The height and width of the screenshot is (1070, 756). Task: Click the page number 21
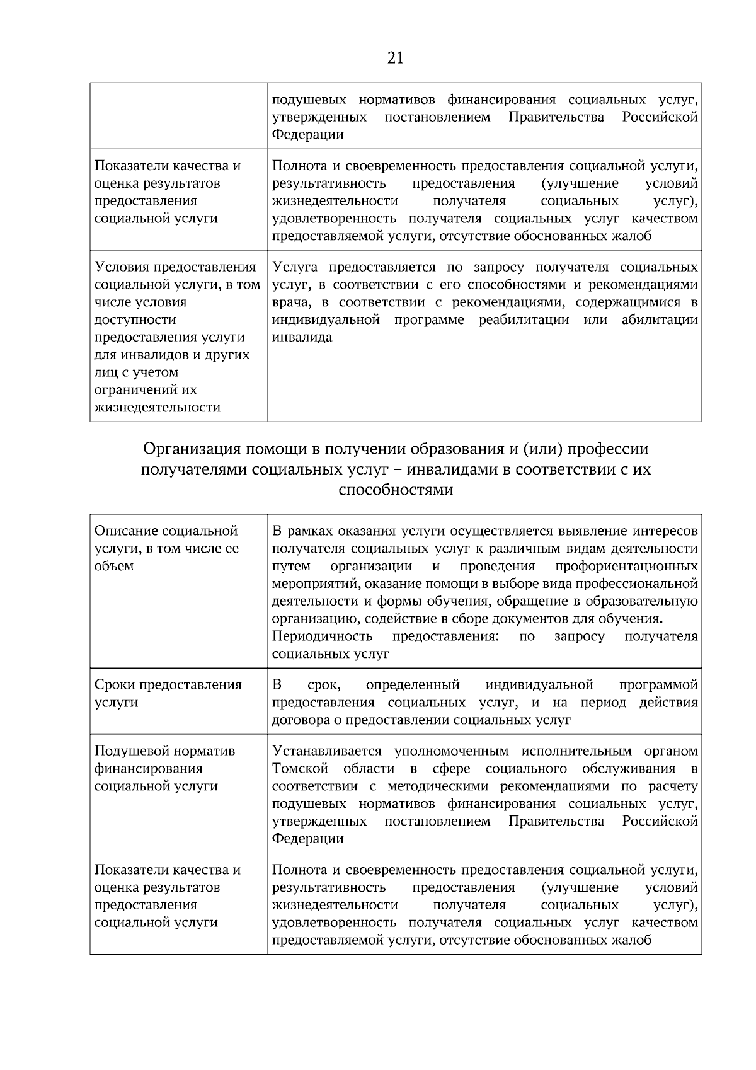pyautogui.click(x=395, y=59)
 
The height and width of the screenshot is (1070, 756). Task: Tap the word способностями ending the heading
pyautogui.click(x=396, y=490)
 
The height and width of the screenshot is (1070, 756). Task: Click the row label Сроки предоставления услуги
pyautogui.click(x=168, y=693)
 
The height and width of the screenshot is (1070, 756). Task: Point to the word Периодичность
pyautogui.click(x=322, y=636)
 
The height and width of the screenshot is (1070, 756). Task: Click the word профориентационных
pyautogui.click(x=626, y=565)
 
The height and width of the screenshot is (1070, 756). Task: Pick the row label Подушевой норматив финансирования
pyautogui.click(x=164, y=768)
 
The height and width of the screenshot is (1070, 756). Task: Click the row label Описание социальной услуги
pyautogui.click(x=166, y=548)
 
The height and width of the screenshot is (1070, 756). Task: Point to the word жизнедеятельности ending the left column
pyautogui.click(x=157, y=407)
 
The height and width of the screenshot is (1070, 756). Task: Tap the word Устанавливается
pyautogui.click(x=327, y=751)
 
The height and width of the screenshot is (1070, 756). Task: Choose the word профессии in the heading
pyautogui.click(x=607, y=449)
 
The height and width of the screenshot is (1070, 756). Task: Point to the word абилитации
pyautogui.click(x=660, y=319)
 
